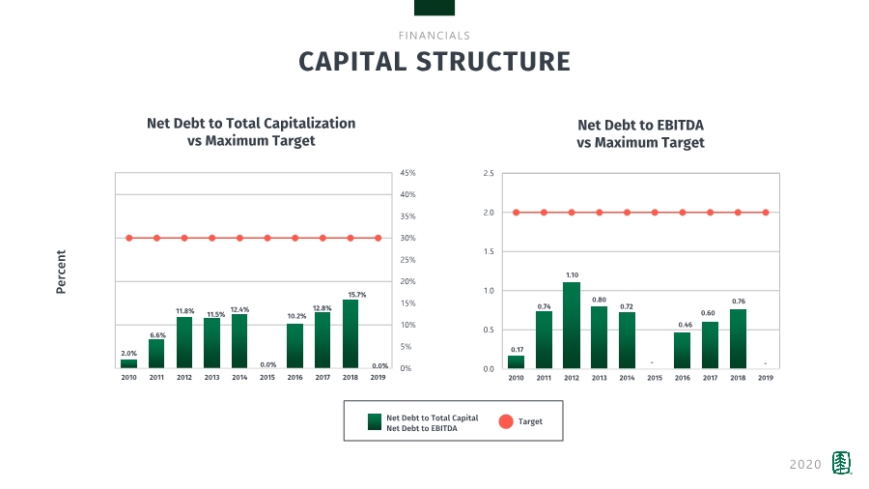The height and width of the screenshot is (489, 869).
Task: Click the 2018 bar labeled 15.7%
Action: pos(350,334)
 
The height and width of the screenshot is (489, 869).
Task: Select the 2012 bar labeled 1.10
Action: pos(572,326)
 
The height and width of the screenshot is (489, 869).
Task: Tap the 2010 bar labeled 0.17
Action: pos(516,362)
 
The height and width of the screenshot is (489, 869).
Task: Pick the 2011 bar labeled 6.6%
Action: pos(156,354)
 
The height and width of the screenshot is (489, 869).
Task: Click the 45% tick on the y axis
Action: pos(406,173)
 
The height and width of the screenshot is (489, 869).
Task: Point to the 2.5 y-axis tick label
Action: pos(489,174)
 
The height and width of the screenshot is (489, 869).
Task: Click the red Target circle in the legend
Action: pos(505,421)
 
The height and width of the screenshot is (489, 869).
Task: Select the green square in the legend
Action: pos(375,421)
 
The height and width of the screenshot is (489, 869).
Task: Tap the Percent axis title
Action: pos(61,272)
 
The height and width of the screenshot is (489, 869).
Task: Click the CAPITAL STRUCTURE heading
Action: pos(434,62)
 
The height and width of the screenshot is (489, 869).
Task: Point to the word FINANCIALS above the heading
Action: pos(434,36)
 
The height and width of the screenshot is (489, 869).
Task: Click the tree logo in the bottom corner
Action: pos(842,463)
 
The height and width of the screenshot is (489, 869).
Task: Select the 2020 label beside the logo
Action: pos(805,465)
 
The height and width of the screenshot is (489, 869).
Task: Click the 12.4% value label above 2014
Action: pos(239,309)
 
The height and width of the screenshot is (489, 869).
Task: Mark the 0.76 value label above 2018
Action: pos(738,302)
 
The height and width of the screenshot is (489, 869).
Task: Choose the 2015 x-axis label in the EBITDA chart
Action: pos(655,378)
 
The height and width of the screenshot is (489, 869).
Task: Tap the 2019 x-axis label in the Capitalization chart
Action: pos(379,378)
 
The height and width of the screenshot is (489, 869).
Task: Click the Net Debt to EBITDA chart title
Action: pos(640,133)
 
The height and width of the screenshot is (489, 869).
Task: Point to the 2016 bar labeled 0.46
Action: pos(683,351)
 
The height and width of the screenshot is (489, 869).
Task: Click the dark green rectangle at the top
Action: pos(434,8)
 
